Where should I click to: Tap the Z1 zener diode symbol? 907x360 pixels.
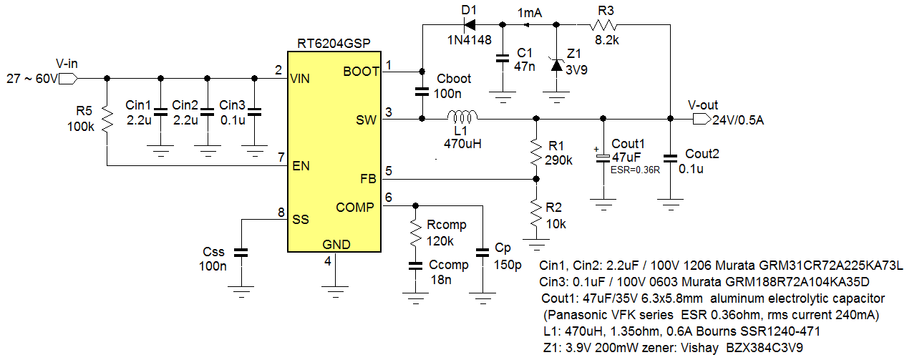click(556, 65)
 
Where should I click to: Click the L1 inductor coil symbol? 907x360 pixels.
click(462, 117)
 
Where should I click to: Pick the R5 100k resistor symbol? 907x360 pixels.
click(107, 120)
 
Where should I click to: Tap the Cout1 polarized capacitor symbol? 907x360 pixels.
click(603, 157)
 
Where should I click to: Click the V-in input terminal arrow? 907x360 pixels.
click(68, 78)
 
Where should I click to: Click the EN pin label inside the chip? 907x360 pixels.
click(301, 167)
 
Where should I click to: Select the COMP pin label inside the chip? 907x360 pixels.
click(354, 208)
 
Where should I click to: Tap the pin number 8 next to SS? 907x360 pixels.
click(280, 212)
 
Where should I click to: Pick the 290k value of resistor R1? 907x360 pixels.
click(559, 160)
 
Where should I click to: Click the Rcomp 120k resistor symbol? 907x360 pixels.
click(414, 231)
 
